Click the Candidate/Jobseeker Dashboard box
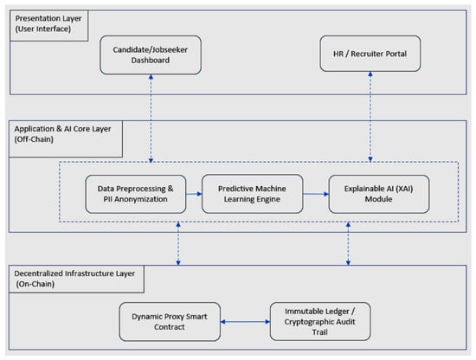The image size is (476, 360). (151, 55)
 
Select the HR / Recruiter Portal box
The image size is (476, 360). (370, 54)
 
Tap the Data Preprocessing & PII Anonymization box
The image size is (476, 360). (136, 194)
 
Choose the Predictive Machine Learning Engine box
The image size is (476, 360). (252, 194)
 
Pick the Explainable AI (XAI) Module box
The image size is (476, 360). (379, 194)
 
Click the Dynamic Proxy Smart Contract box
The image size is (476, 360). (170, 322)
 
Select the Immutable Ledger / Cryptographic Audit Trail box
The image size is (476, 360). (320, 321)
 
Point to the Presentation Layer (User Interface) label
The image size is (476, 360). (48, 23)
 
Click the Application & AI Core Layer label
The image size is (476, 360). (63, 129)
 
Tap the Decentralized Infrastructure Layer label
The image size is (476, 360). (74, 273)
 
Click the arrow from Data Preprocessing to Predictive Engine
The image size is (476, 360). (194, 194)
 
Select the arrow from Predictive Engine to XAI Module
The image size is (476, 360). (316, 194)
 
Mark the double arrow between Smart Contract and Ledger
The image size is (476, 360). (245, 322)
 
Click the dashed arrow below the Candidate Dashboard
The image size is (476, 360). (151, 119)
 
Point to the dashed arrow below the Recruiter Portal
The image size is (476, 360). (370, 117)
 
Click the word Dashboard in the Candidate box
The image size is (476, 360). (151, 60)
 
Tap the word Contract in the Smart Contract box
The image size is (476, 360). (170, 327)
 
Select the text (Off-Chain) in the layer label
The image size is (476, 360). (34, 139)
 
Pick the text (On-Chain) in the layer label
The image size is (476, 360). (35, 284)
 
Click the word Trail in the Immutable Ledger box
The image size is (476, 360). (320, 332)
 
